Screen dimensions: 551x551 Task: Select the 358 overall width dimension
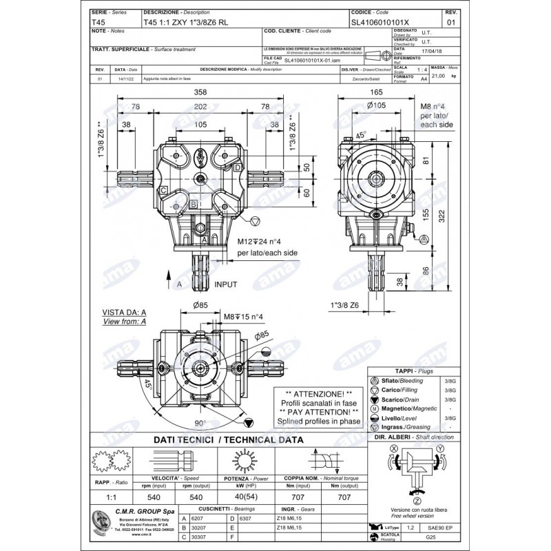point(200,92)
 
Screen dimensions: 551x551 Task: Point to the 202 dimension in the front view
point(200,107)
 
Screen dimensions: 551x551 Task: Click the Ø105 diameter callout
point(375,105)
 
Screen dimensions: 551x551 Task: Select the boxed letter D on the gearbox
point(237,167)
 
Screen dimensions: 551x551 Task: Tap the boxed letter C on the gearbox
point(163,189)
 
